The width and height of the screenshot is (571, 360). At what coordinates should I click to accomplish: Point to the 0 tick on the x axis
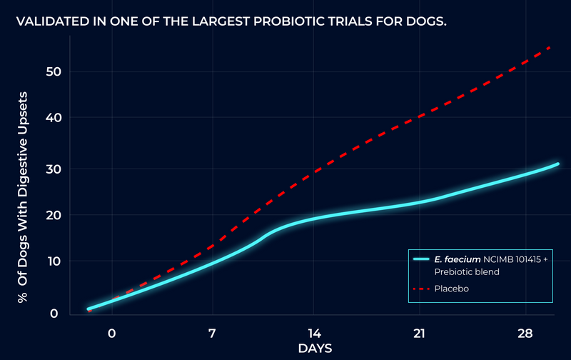pyautogui.click(x=111, y=334)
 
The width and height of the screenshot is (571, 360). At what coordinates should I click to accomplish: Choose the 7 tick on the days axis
pyautogui.click(x=212, y=334)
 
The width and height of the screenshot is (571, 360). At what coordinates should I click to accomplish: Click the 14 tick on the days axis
pyautogui.click(x=315, y=334)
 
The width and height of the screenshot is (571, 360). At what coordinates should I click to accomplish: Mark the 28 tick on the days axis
pyautogui.click(x=525, y=334)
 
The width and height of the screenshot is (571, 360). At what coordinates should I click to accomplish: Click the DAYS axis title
pyautogui.click(x=315, y=348)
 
